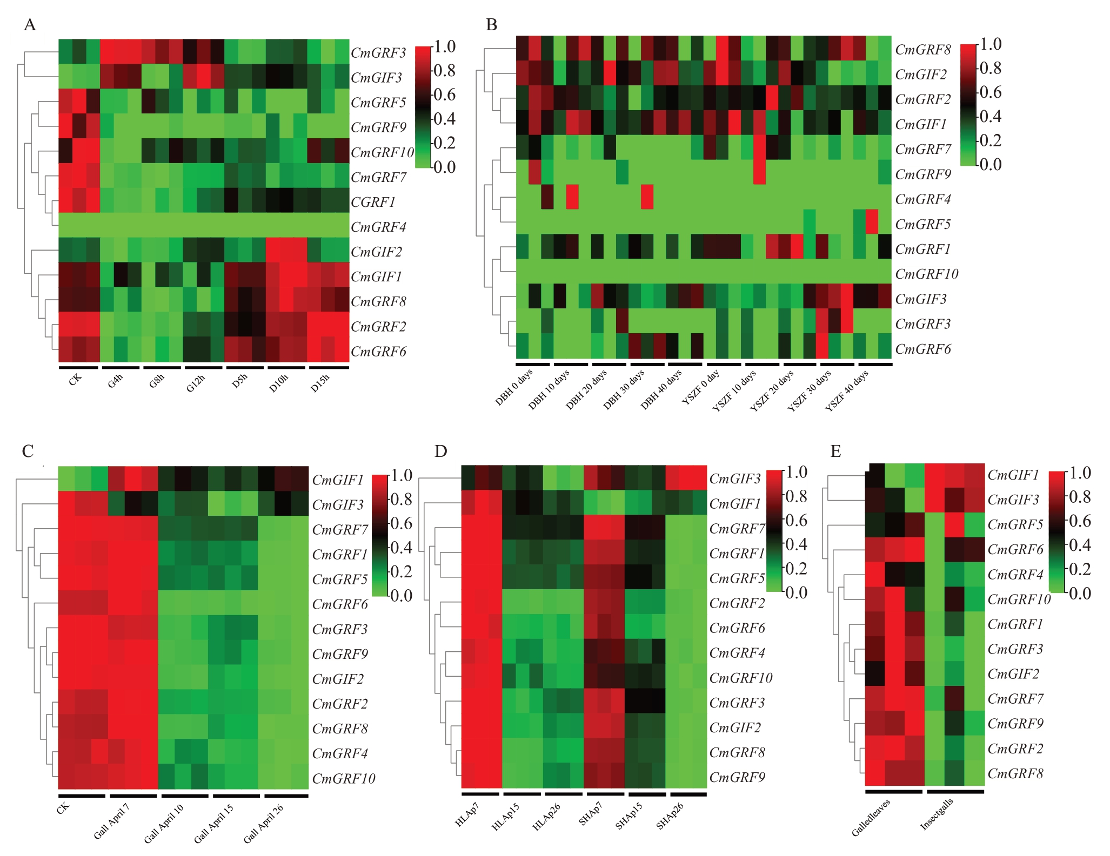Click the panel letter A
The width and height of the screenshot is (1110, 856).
30,25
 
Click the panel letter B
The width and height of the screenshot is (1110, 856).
491,25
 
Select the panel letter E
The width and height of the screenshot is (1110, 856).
835,451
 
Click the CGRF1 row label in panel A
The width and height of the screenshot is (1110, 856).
373,202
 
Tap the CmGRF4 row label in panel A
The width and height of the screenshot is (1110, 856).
378,227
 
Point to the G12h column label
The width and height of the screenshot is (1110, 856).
196,383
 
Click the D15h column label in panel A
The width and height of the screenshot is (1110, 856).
320,383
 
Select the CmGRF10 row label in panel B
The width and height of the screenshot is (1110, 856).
926,274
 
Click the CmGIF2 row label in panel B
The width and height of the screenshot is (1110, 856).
921,75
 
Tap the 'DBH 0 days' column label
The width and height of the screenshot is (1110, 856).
514,387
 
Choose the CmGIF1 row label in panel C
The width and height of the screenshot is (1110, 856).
338,480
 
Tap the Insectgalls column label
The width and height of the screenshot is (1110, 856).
937,813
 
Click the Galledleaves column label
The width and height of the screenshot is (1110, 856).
871,817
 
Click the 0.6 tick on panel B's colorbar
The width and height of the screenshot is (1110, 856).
990,92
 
